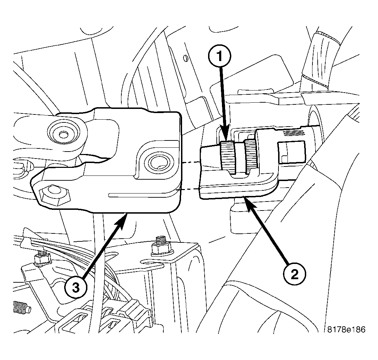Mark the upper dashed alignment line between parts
pyautogui.click(x=191, y=162)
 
